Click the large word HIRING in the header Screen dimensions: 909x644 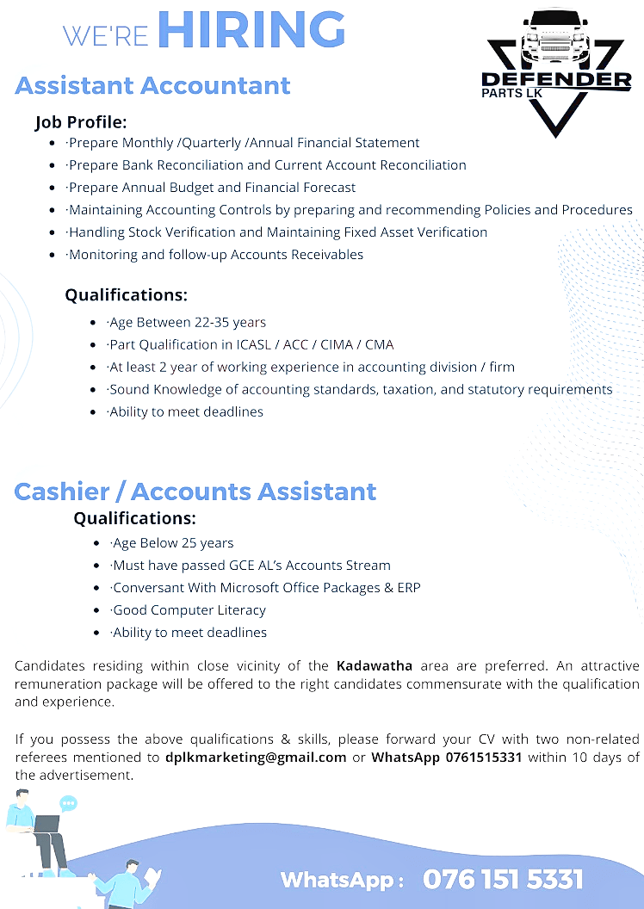tap(251, 30)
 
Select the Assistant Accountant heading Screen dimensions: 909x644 tap(152, 86)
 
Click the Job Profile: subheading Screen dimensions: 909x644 tap(81, 122)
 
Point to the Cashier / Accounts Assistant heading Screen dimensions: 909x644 tap(195, 492)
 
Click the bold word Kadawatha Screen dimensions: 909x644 tap(375, 666)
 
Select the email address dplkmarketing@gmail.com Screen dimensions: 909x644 tap(256, 757)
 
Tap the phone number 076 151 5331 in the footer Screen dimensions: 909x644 tap(503, 880)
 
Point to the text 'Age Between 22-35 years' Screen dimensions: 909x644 tap(187, 323)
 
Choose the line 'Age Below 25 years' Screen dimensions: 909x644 tap(172, 543)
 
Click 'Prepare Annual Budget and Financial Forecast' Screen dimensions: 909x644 tap(211, 188)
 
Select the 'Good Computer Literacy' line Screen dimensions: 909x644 tap(189, 610)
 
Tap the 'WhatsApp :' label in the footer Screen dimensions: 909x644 tap(342, 881)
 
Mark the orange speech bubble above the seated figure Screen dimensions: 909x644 tap(68, 804)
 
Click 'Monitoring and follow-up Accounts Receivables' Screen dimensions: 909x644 tap(215, 255)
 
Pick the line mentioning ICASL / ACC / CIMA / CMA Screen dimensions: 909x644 tap(251, 345)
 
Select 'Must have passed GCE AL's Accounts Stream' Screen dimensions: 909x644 tap(251, 566)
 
